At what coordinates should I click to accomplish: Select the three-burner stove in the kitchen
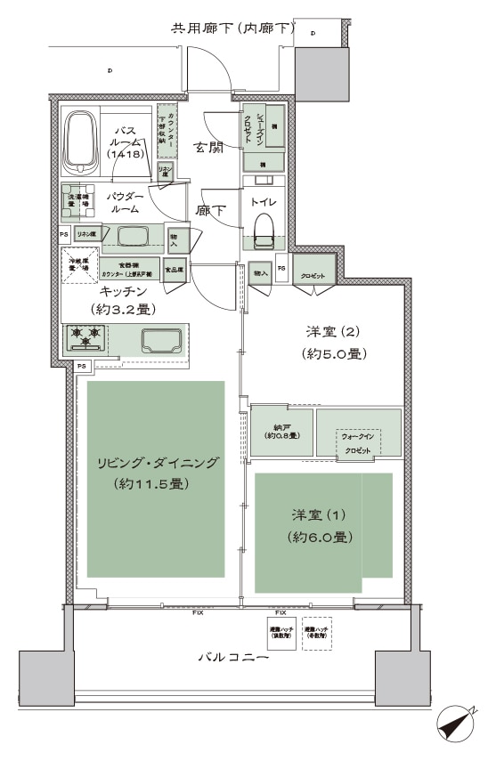[85, 338]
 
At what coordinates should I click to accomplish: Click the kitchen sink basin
[161, 338]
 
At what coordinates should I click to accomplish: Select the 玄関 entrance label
[210, 147]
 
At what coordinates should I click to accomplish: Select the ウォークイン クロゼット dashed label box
[358, 443]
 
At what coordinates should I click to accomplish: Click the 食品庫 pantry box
[175, 269]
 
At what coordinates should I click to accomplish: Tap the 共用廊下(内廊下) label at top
[232, 30]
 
